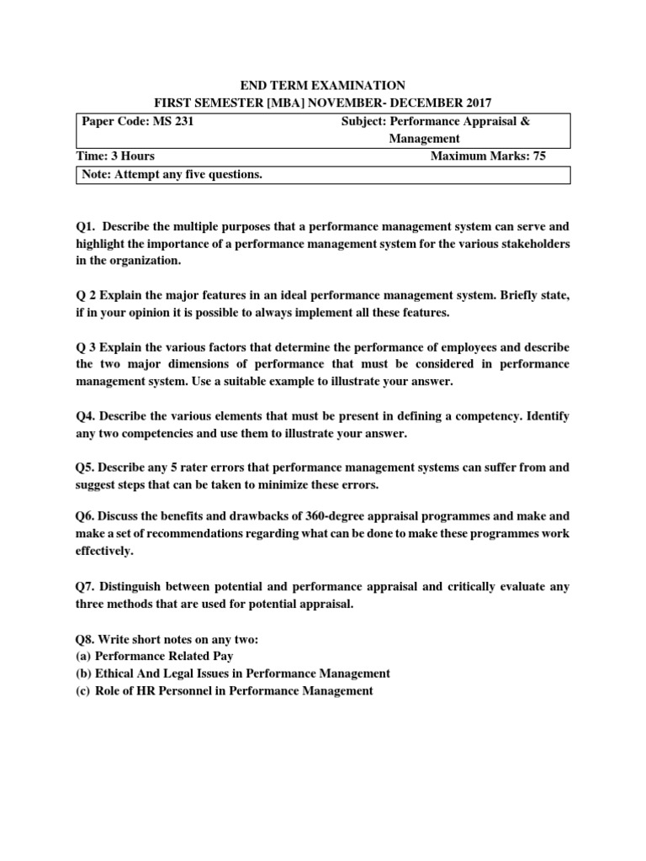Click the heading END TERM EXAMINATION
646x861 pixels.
tap(323, 85)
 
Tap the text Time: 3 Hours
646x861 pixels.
tap(118, 156)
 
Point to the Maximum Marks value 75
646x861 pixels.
tap(538, 156)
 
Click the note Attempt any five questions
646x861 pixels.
tap(172, 174)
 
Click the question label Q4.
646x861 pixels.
tap(85, 417)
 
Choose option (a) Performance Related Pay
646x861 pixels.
tap(152, 657)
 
